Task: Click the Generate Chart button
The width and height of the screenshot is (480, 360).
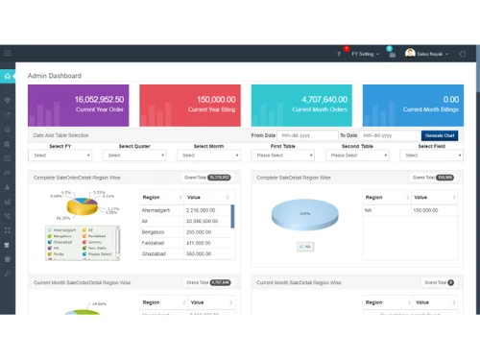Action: point(440,136)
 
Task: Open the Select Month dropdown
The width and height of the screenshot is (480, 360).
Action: point(208,155)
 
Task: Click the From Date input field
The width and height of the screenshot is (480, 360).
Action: point(305,136)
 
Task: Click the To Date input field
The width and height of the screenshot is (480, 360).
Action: point(388,136)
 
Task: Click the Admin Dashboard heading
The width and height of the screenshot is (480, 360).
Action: point(55,76)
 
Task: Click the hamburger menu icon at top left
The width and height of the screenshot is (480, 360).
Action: point(8,54)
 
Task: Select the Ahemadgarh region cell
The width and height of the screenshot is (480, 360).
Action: point(156,209)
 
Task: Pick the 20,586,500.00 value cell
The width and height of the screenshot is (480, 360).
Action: point(205,220)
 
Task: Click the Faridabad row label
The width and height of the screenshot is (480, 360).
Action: point(155,242)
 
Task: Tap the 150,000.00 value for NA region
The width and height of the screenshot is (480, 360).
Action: point(426,209)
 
